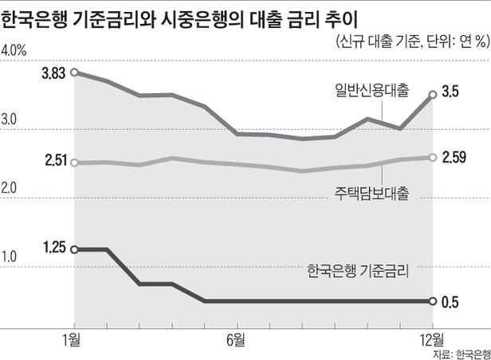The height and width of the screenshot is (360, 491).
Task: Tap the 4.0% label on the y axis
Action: (15, 51)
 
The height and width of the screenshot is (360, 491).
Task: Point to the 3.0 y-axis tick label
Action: (11, 120)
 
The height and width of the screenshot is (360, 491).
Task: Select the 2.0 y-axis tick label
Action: (11, 189)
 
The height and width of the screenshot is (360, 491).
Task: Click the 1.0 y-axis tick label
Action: (10, 257)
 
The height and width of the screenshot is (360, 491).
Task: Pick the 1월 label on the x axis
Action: (74, 340)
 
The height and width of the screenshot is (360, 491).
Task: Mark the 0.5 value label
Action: (450, 301)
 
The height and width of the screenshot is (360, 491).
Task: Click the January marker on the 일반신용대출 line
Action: (74, 72)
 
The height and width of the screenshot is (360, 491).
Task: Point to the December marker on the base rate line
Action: (432, 301)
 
